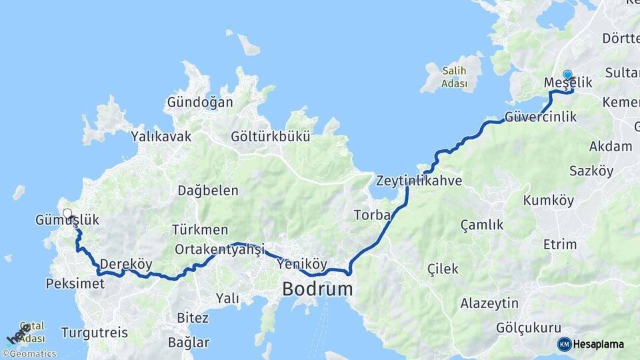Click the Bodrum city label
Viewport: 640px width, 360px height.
(317, 289)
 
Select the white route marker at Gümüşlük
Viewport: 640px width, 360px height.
(67, 213)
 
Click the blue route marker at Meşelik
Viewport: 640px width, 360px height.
(567, 75)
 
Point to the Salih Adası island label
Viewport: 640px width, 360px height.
(453, 77)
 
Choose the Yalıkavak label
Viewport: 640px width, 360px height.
(161, 137)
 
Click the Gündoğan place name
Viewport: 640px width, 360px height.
(200, 103)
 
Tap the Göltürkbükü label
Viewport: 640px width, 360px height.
(271, 137)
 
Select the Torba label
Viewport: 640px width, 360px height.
(368, 215)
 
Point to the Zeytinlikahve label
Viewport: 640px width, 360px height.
(419, 181)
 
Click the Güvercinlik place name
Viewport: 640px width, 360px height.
(541, 117)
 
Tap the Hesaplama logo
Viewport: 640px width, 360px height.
(591, 344)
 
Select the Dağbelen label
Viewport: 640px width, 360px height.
(208, 191)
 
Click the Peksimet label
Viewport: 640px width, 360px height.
(75, 284)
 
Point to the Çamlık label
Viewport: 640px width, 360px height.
(482, 225)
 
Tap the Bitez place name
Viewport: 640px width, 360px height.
(193, 318)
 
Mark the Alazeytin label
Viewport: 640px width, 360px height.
(489, 304)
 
